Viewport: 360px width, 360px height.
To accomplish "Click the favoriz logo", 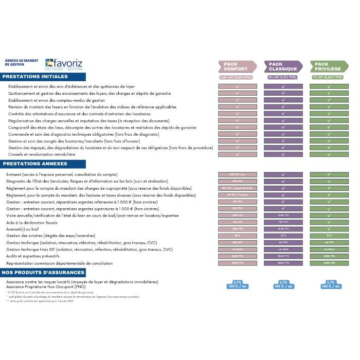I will pyautogui.click(x=64, y=64).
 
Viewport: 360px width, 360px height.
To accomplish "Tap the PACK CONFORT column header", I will pyautogui.click(x=236, y=66).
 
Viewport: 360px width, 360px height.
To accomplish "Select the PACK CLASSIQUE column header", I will pyautogui.click(x=282, y=66).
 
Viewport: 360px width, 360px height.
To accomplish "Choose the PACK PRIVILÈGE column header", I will pyautogui.click(x=328, y=66).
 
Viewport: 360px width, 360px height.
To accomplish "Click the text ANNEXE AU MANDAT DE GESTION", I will pyautogui.click(x=17, y=62).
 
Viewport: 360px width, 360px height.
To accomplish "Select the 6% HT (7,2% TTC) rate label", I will pyautogui.click(x=283, y=77).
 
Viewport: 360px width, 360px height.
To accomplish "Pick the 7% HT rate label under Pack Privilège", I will pyautogui.click(x=329, y=77).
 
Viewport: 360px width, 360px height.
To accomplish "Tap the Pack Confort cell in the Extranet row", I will pyautogui.click(x=237, y=174).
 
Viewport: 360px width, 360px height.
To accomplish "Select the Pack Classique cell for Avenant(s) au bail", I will pyautogui.click(x=283, y=229).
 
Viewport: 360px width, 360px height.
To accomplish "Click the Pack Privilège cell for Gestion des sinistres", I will pyautogui.click(x=329, y=236).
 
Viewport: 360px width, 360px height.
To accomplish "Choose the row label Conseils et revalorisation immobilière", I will pyautogui.click(x=42, y=154).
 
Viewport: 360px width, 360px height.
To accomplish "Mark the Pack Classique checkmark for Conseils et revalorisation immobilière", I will pyautogui.click(x=283, y=154).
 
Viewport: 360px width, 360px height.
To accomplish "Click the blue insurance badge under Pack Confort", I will pyautogui.click(x=237, y=284).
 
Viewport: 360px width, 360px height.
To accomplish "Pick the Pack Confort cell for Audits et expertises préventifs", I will pyautogui.click(x=237, y=256).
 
